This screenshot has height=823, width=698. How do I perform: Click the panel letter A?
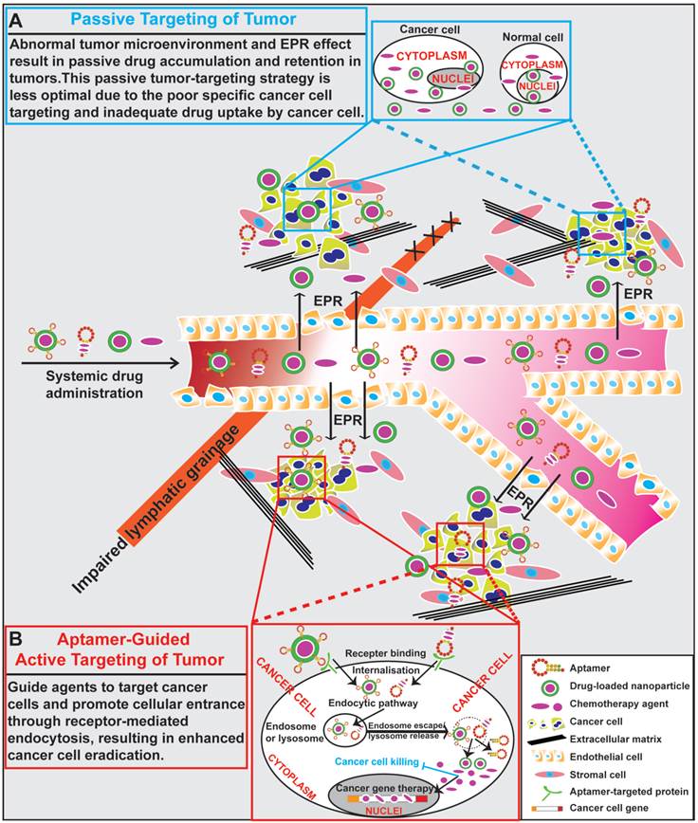pyautogui.click(x=16, y=18)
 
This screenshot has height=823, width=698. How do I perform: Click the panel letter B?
pyautogui.click(x=16, y=639)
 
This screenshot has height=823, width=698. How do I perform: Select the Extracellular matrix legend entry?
pyautogui.click(x=615, y=740)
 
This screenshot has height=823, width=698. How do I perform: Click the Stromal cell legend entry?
pyautogui.click(x=598, y=776)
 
